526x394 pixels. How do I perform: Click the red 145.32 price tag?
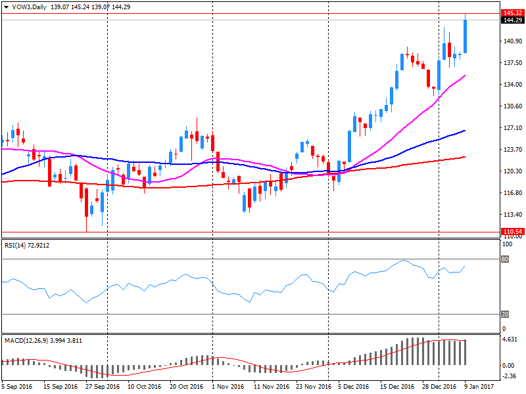pyautogui.click(x=512, y=13)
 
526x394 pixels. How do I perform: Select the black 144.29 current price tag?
pyautogui.click(x=512, y=20)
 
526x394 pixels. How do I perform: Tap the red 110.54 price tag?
pyautogui.click(x=512, y=232)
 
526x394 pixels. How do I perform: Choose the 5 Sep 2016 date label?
pyautogui.click(x=16, y=387)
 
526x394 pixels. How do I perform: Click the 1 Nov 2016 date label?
pyautogui.click(x=228, y=387)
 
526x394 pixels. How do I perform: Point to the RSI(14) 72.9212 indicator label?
pyautogui.click(x=27, y=246)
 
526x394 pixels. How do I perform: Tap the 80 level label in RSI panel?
pyautogui.click(x=505, y=259)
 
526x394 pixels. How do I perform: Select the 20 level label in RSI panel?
pyautogui.click(x=505, y=314)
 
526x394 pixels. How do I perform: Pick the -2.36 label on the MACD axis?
pyautogui.click(x=510, y=376)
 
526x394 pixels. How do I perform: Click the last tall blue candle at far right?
pyautogui.click(x=465, y=36)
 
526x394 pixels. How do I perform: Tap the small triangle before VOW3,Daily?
pyautogui.click(x=6, y=5)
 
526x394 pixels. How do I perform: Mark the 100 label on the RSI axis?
pyautogui.click(x=506, y=244)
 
